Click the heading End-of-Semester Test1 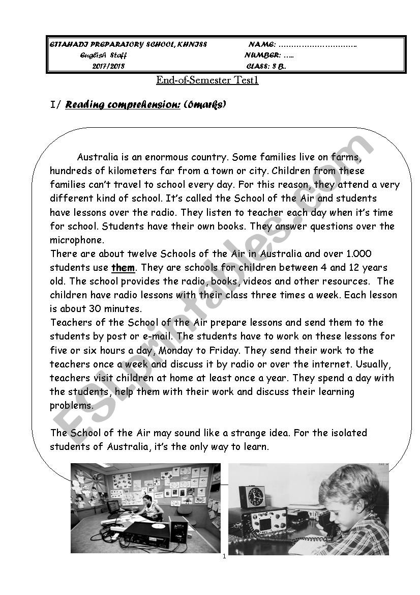(207, 80)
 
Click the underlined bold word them (123, 268)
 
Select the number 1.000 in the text (358, 253)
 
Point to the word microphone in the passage (77, 240)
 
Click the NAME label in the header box (262, 45)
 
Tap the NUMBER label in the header (262, 55)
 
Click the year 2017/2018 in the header (108, 66)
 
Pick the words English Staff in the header (104, 55)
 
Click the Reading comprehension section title (123, 105)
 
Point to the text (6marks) (204, 105)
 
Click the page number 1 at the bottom (224, 556)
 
